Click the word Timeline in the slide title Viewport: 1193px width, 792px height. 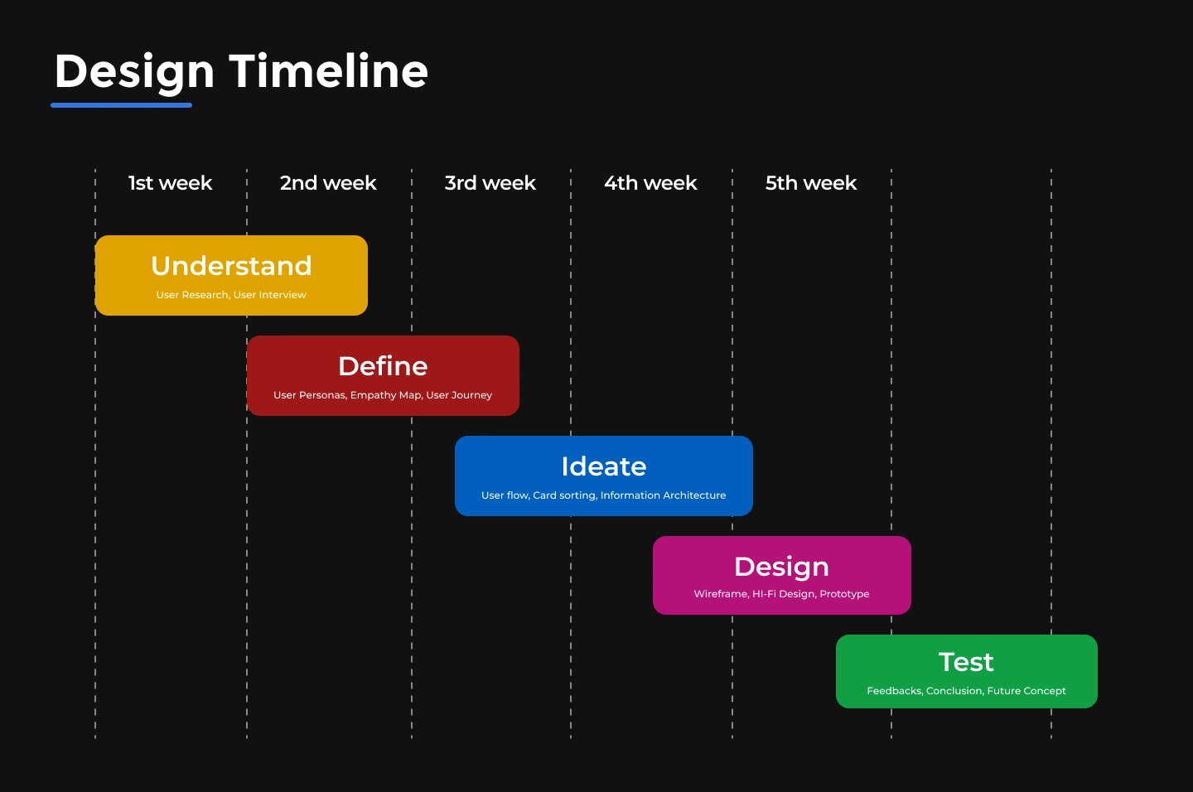[329, 70]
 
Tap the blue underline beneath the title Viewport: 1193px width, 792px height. [122, 105]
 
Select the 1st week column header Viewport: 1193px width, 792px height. [171, 183]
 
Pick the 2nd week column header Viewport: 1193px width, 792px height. [328, 183]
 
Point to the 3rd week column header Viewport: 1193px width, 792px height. [490, 183]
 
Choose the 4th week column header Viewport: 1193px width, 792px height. [650, 183]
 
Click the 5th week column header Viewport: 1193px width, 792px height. [811, 183]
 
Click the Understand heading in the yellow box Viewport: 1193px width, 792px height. [231, 265]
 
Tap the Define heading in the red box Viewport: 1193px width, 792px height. [383, 366]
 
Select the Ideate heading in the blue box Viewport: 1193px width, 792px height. [603, 466]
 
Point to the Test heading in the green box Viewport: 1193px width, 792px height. [966, 662]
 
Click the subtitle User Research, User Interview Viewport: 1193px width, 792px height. [231, 295]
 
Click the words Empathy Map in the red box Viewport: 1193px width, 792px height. [385, 395]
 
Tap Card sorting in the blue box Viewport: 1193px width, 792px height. [564, 495]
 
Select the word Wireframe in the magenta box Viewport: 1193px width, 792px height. [721, 593]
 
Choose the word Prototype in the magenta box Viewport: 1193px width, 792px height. [844, 594]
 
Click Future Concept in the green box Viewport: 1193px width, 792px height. [1026, 691]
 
